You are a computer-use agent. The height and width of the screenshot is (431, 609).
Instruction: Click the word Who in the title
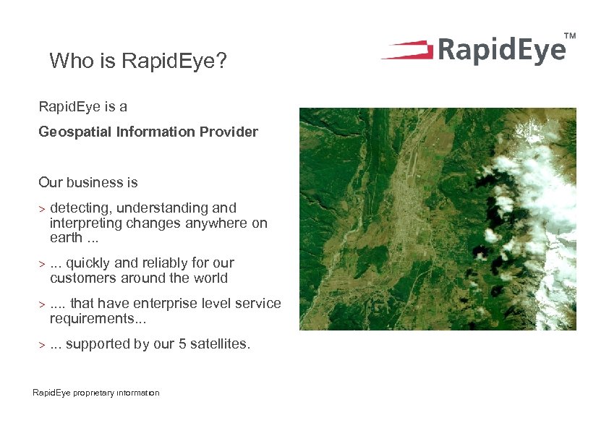tap(67, 61)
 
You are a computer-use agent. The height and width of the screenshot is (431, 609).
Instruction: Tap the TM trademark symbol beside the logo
tap(570, 35)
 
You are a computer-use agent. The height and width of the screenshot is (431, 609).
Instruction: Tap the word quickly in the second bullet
tap(89, 263)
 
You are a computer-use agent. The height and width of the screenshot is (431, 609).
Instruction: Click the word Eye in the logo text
tap(534, 51)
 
